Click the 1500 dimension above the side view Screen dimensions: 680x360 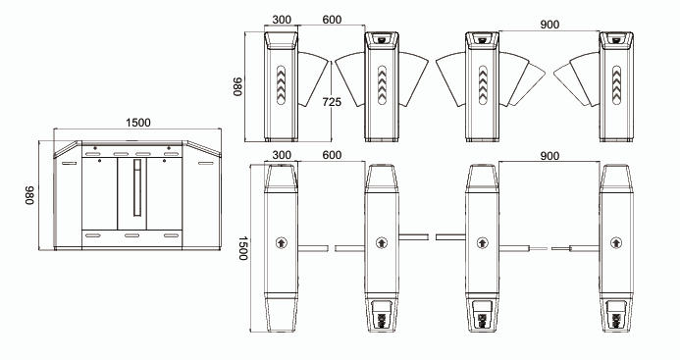[138, 123]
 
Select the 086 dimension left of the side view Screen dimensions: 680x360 [28, 195]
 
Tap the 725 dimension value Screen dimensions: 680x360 [332, 102]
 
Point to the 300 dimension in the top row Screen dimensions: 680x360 [282, 20]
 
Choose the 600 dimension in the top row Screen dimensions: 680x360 [332, 20]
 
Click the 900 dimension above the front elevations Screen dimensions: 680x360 [549, 25]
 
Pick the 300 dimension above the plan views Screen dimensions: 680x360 [282, 155]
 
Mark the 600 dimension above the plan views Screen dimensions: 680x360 [332, 155]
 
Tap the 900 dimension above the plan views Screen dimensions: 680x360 [549, 156]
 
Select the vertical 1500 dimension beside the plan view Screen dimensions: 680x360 [243, 248]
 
